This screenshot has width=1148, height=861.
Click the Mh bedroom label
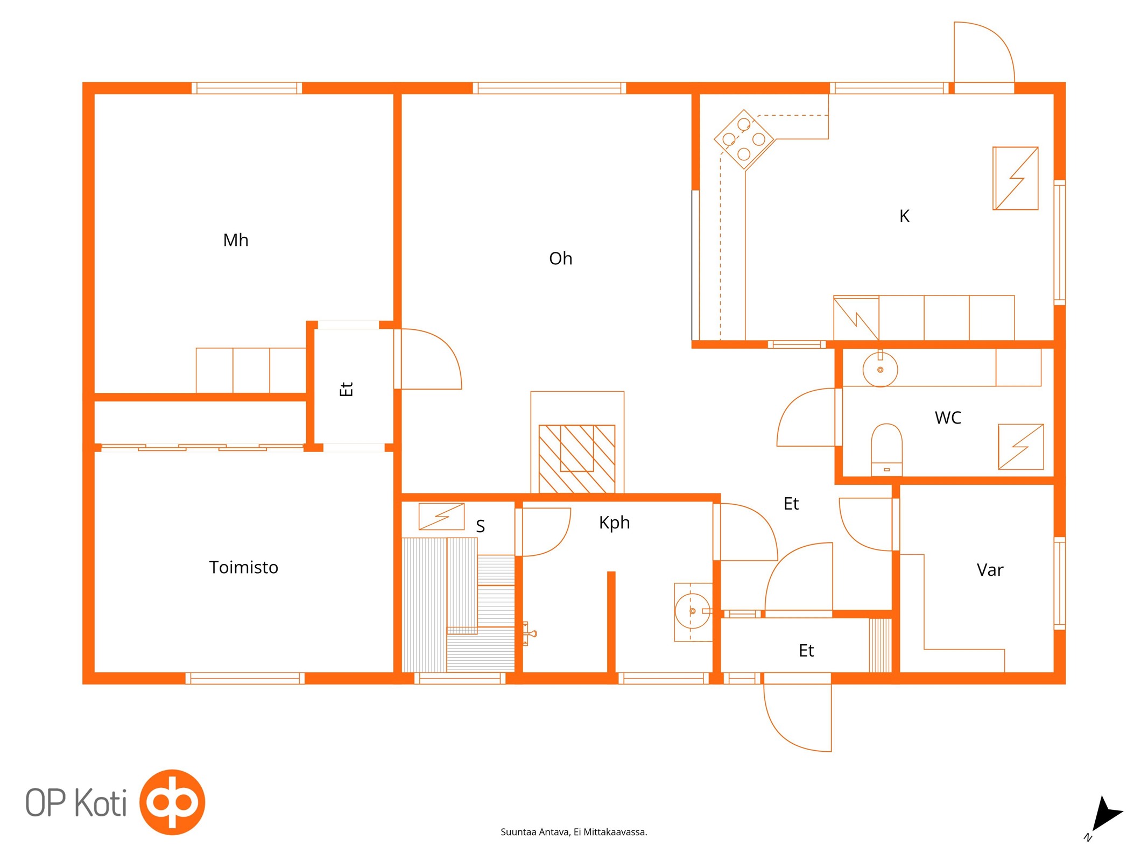point(236,240)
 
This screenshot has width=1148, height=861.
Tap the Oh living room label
point(560,258)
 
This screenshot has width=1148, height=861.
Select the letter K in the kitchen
point(904,216)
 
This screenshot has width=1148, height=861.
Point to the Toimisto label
point(243,567)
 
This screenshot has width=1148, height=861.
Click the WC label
point(948,418)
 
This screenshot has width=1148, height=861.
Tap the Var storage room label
point(990,570)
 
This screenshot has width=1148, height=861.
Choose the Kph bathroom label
point(614,523)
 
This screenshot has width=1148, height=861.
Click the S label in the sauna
point(481,526)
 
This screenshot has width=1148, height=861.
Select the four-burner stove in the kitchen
point(744,139)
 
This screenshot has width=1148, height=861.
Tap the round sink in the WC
point(880,369)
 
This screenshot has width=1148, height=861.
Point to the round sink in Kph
point(692,611)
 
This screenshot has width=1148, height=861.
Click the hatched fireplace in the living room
point(577,458)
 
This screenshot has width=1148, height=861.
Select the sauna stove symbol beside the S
point(441,517)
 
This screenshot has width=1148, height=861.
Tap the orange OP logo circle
point(172,802)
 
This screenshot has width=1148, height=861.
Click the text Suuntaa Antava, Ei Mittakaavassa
point(574,832)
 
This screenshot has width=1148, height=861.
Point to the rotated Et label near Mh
point(346,389)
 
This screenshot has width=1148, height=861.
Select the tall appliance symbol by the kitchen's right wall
point(1015,178)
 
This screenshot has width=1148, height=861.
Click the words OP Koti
point(76,802)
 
